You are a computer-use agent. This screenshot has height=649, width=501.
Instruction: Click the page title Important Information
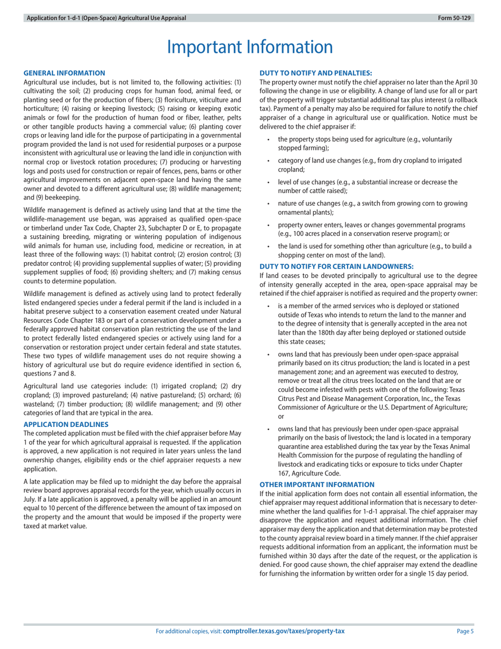pos(250,47)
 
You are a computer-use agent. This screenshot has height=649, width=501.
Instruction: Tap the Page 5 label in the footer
pos(465,631)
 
